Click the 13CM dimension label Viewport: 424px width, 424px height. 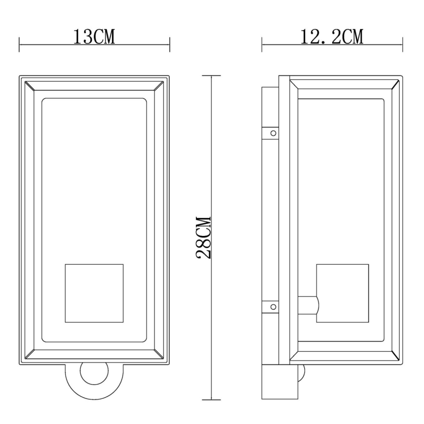(94, 37)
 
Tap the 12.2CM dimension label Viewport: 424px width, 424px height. (332, 37)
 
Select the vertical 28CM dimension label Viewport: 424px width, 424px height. (203, 237)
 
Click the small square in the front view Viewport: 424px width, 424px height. (94, 293)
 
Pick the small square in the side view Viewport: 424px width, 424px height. (342, 293)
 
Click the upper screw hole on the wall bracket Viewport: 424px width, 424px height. (273, 133)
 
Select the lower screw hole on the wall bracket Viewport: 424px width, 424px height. (273, 307)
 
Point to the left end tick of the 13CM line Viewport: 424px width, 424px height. (19, 44)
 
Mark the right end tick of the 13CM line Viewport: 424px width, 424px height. (170, 44)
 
